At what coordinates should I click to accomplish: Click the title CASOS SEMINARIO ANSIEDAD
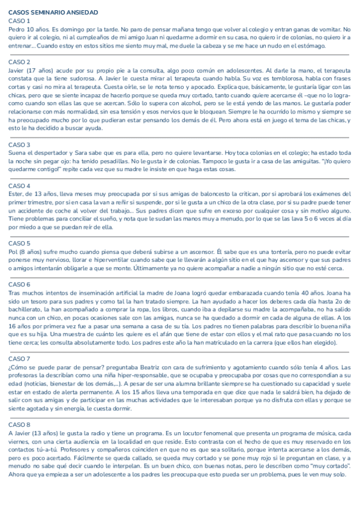pyautogui.click(x=53, y=12)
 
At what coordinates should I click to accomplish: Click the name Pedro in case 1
pyautogui.click(x=17, y=29)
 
